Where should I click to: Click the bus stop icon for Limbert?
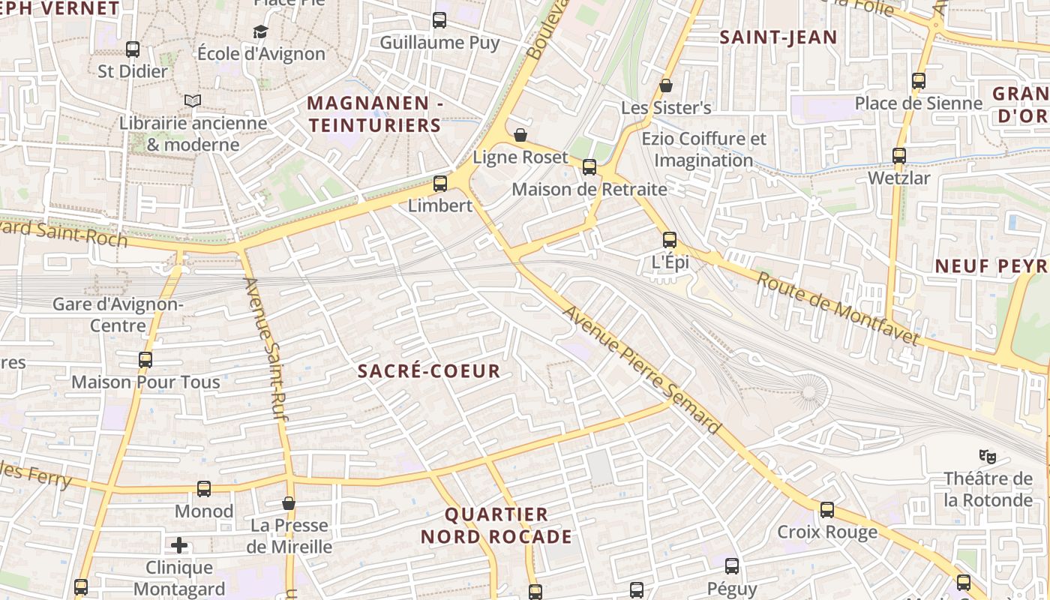tap(440, 183)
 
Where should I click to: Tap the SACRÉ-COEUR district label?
tap(428, 370)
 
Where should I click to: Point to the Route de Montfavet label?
tap(837, 309)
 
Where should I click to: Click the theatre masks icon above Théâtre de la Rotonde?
tap(988, 455)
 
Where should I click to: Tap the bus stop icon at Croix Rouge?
tap(827, 510)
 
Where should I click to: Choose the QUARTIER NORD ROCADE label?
tap(496, 526)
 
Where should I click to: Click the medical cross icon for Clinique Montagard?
tap(179, 545)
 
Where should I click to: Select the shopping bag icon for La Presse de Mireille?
tap(289, 503)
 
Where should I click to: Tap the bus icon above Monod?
tap(204, 489)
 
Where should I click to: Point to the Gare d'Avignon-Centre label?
tap(118, 315)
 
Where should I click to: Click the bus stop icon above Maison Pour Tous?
tap(145, 360)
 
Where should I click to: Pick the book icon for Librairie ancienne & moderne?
tap(193, 100)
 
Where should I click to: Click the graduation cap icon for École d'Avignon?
tap(260, 31)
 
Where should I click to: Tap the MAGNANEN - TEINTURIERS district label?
tap(374, 114)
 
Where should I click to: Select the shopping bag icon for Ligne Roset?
tap(520, 135)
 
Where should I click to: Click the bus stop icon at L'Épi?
tap(670, 240)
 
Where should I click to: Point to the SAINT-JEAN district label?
tap(778, 37)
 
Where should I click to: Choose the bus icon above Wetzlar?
tap(898, 156)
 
